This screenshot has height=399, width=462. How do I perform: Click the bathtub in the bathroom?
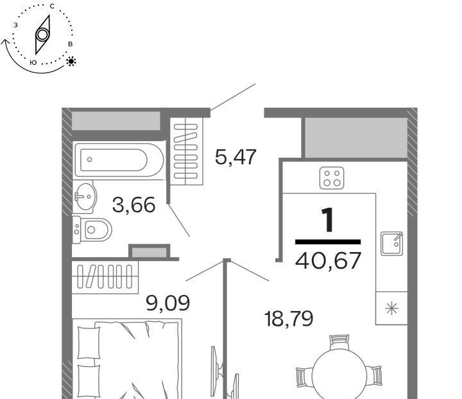pyautogui.click(x=119, y=160)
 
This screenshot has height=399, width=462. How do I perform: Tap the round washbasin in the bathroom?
pyautogui.click(x=85, y=197)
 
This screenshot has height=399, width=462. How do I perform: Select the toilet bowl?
pyautogui.click(x=92, y=230)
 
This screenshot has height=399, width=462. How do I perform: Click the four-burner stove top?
pyautogui.click(x=332, y=178)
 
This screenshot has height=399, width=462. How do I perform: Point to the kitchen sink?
pyautogui.click(x=391, y=244)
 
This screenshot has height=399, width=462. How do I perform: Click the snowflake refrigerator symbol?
pyautogui.click(x=391, y=309)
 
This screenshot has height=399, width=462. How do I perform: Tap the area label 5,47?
pyautogui.click(x=235, y=157)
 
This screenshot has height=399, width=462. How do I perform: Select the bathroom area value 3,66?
pyautogui.click(x=133, y=205)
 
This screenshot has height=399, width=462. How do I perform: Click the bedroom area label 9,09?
pyautogui.click(x=167, y=303)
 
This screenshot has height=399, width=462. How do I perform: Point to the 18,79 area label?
pyautogui.click(x=289, y=319)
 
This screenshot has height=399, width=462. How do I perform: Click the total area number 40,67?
pyautogui.click(x=328, y=260)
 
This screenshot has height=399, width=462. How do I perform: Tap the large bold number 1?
pyautogui.click(x=328, y=219)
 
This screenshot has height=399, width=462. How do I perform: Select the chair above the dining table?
pyautogui.click(x=339, y=342)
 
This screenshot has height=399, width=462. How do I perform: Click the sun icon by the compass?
pyautogui.click(x=71, y=61)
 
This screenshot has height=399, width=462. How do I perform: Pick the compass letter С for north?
pyautogui.click(x=52, y=6)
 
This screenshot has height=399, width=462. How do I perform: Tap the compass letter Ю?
pyautogui.click(x=33, y=62)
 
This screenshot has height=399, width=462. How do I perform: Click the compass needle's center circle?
pyautogui.click(x=42, y=35)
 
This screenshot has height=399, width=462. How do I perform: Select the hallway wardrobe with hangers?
pyautogui.click(x=187, y=151)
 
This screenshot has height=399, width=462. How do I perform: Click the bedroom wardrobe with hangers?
pyautogui.click(x=105, y=276)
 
